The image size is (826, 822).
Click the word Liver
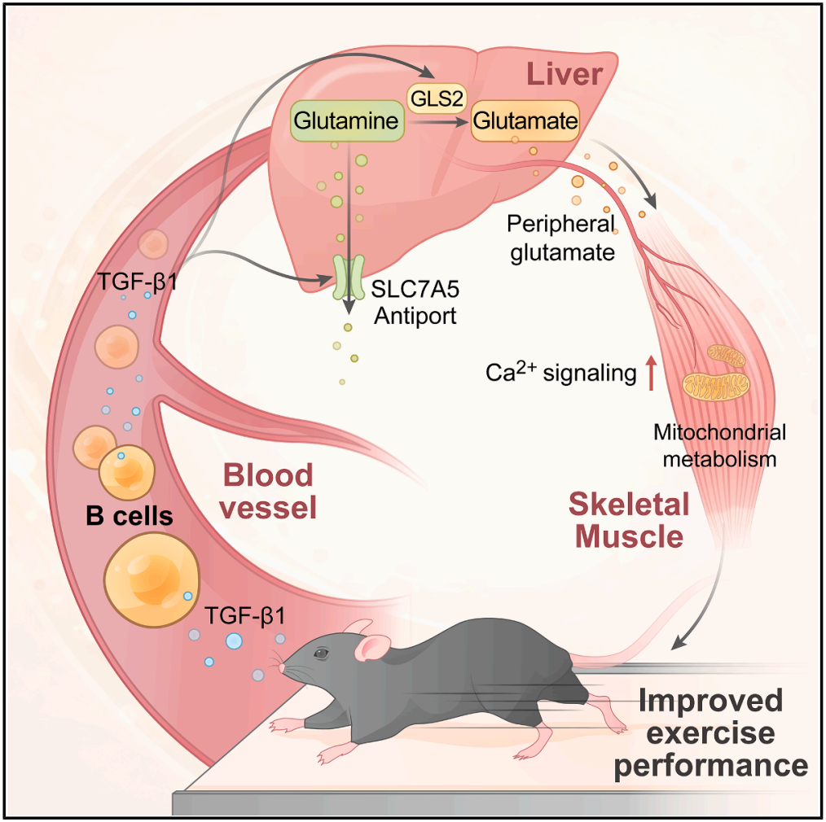coord(564,75)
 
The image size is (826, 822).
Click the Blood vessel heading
coord(269,492)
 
